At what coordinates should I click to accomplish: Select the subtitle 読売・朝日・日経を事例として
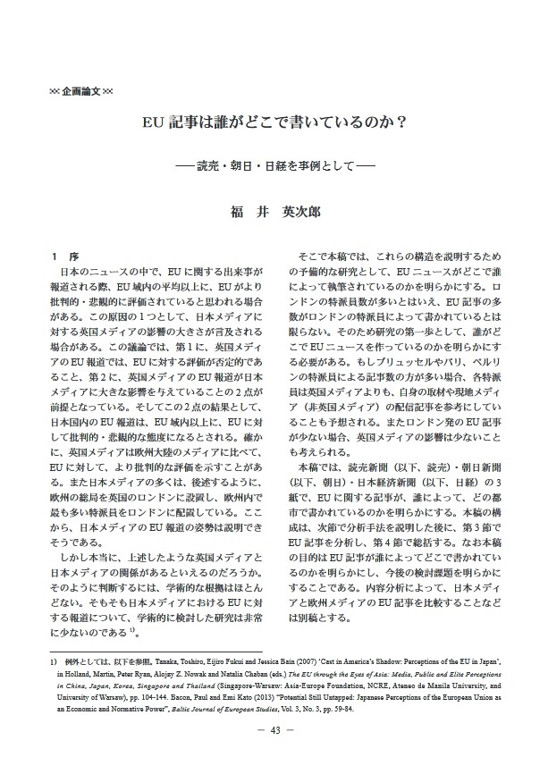[274, 167]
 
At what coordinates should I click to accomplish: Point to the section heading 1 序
[63, 257]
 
